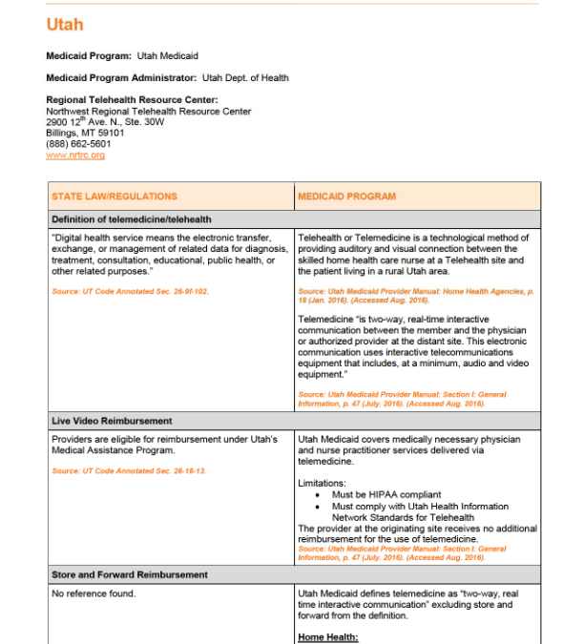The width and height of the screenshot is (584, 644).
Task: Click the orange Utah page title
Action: (64, 25)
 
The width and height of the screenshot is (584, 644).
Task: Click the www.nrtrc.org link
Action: (75, 155)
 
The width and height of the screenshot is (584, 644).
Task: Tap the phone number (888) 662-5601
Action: (78, 144)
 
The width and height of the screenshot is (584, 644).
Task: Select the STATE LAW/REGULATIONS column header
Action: (115, 197)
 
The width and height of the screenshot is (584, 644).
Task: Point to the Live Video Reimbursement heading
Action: (112, 421)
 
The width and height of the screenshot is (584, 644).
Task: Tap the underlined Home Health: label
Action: (328, 636)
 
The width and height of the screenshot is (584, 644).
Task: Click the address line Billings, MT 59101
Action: (85, 134)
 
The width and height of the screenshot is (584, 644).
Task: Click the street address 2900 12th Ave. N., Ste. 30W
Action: (105, 122)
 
